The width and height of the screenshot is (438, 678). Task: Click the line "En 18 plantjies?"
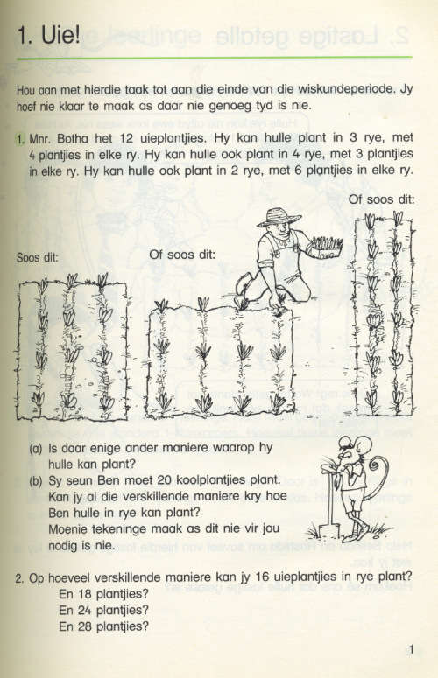[x=103, y=595]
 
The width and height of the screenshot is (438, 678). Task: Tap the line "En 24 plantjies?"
[x=103, y=611]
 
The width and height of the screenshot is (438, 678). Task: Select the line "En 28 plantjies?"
[x=103, y=626]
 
